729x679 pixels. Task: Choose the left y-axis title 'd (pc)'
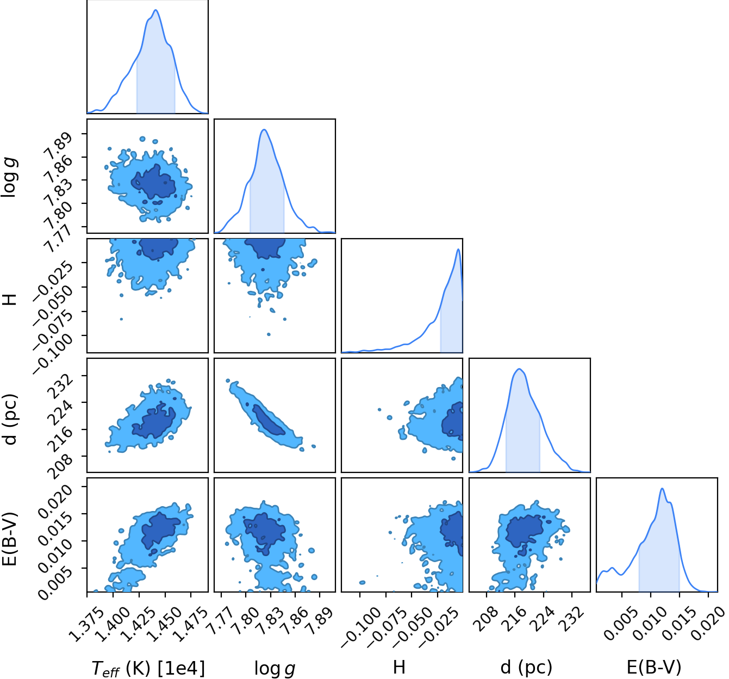(10, 419)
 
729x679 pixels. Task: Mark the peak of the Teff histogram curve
(155, 10)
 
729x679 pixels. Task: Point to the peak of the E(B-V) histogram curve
(662, 488)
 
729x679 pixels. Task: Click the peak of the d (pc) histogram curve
(519, 369)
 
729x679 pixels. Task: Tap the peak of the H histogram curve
(458, 250)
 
